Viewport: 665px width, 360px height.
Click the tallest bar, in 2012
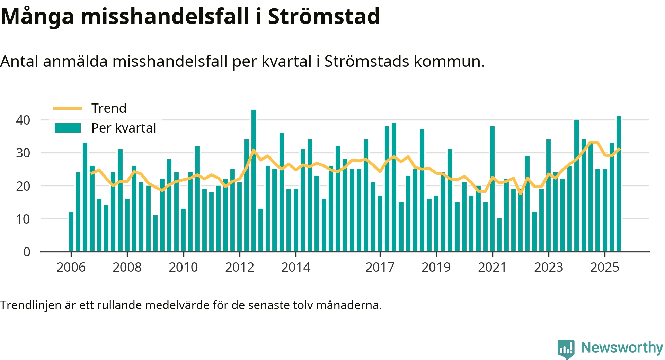click(254, 180)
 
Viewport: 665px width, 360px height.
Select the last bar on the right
click(619, 183)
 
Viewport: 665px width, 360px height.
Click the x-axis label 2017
click(380, 268)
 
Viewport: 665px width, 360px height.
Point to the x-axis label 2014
click(296, 268)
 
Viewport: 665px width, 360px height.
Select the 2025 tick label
click(605, 268)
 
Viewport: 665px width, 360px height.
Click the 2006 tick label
click(71, 268)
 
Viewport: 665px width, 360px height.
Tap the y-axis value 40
click(23, 120)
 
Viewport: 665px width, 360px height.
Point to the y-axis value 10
click(23, 219)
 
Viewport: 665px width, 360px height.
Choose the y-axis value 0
click(27, 252)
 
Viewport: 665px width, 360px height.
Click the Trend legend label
click(109, 108)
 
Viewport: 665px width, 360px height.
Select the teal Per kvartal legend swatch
click(68, 128)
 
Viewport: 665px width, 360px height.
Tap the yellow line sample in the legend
click(68, 108)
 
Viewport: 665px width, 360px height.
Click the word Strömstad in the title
click(324, 16)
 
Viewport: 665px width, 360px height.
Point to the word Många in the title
click(37, 16)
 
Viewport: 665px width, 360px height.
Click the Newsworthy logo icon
click(566, 349)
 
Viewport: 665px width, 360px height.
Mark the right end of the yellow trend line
click(619, 149)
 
